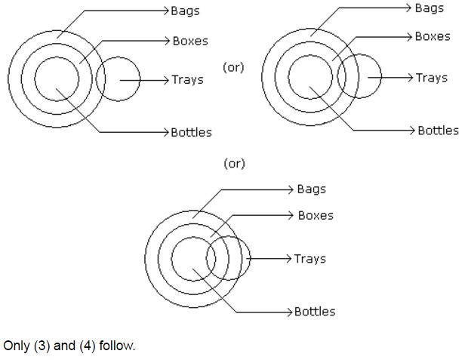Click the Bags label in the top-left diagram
(185, 11)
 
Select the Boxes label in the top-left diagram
(189, 41)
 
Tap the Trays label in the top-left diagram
(187, 79)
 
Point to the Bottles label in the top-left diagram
(191, 132)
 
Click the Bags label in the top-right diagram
(429, 8)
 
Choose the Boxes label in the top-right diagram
(433, 36)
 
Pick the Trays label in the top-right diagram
(431, 78)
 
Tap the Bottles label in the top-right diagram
(438, 131)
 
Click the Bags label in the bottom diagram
(311, 189)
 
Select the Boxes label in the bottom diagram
(316, 215)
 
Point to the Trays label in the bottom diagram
(309, 259)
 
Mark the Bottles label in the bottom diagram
(315, 311)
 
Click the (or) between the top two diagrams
(233, 67)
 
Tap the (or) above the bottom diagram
(234, 163)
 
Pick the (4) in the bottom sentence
(85, 346)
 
